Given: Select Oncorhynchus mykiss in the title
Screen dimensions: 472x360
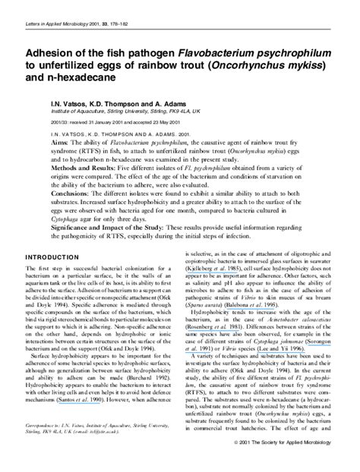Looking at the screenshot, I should point(262,71).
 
